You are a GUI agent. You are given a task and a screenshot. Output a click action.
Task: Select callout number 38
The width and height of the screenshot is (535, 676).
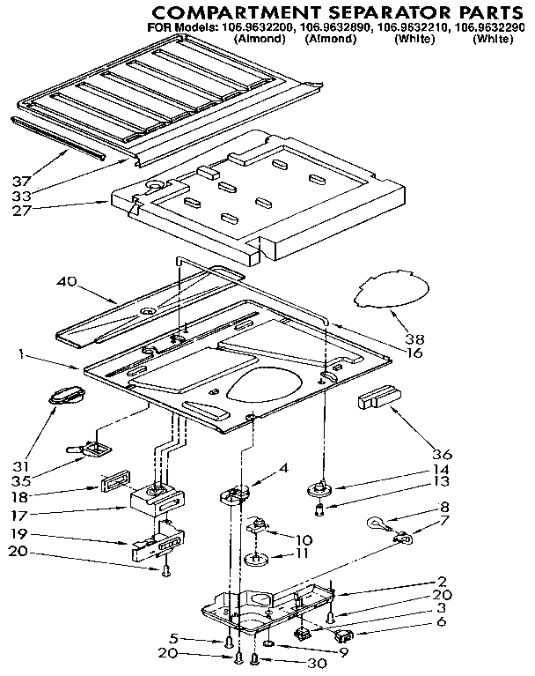coord(414,337)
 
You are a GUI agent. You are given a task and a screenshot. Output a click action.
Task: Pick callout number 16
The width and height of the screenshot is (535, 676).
coord(414,353)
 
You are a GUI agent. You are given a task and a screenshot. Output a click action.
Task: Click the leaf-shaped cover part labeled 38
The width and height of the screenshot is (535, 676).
coord(392,292)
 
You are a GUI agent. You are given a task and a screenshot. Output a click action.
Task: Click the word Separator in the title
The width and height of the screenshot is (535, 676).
coord(368,11)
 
